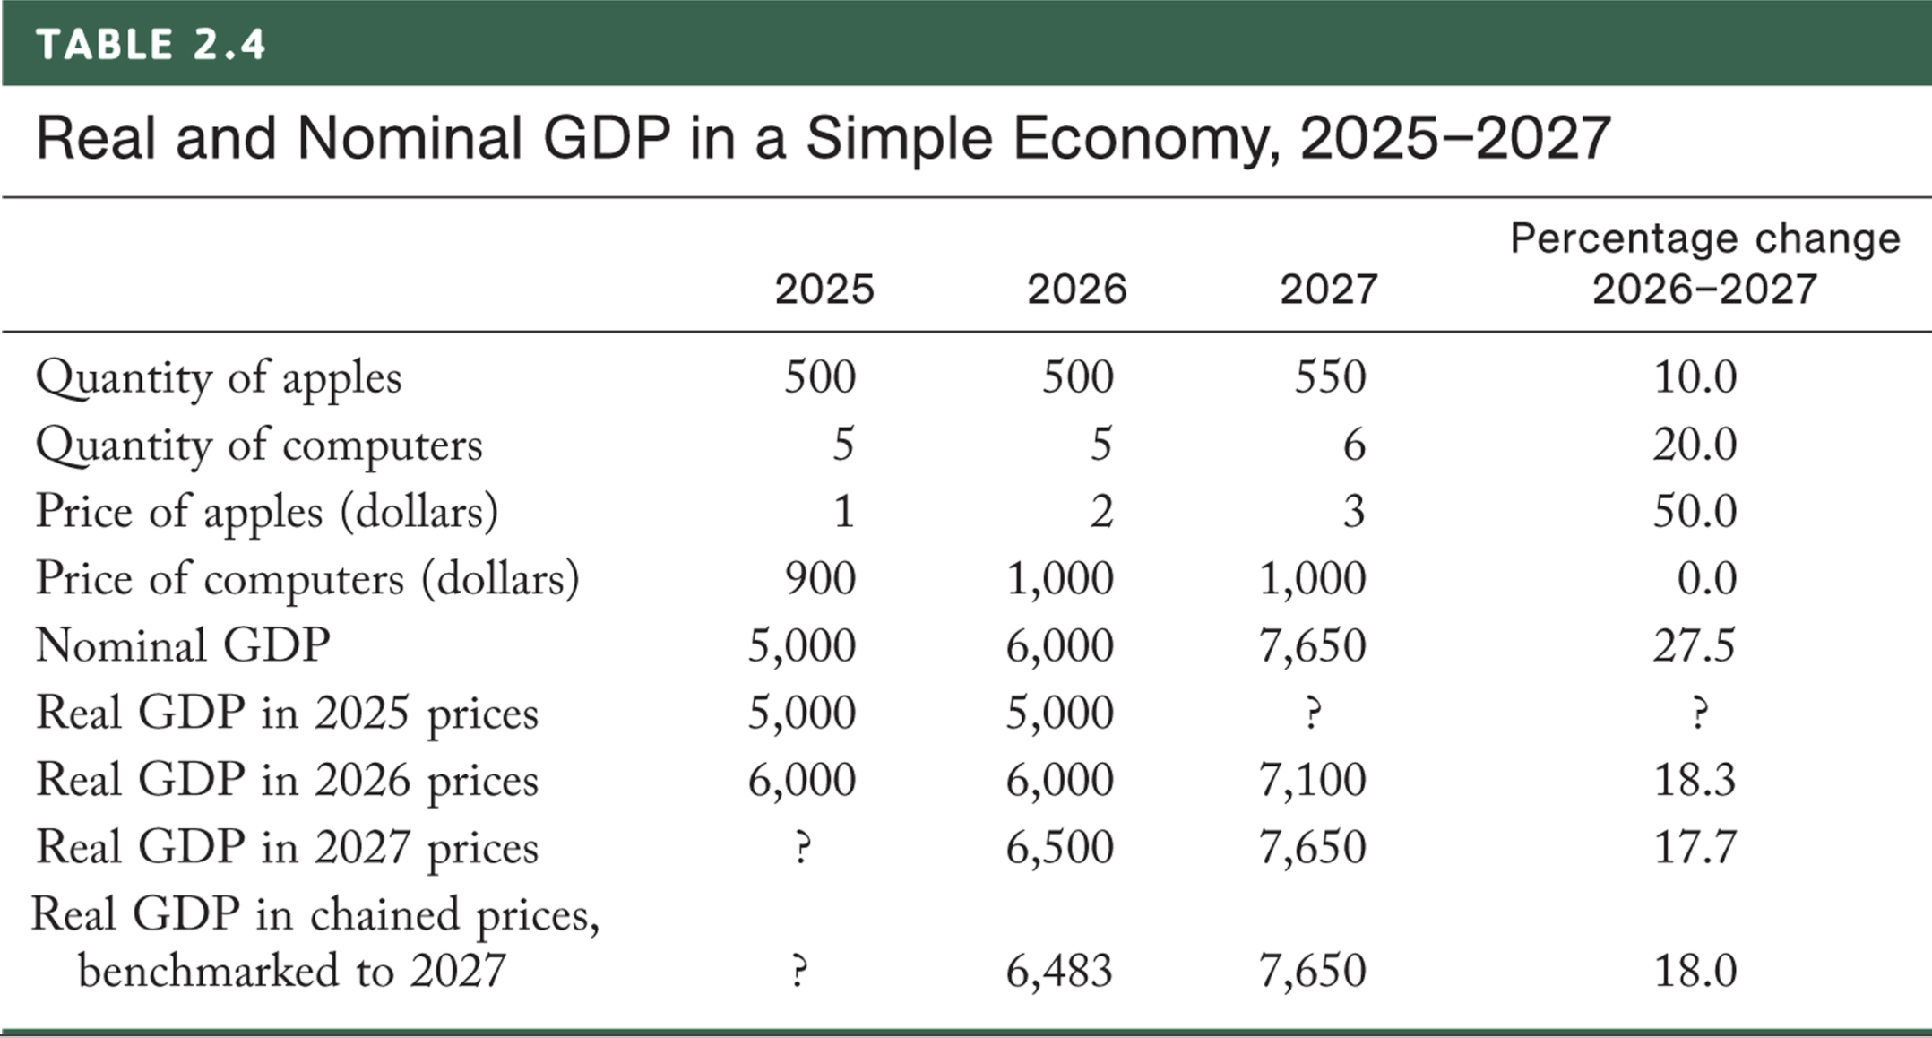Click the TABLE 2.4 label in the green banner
pos(151,45)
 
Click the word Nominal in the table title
pos(409,139)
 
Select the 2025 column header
pos(824,290)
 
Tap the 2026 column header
pos(1076,290)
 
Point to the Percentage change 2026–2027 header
pos(1704,264)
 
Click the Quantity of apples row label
pos(219,377)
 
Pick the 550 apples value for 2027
pos(1330,376)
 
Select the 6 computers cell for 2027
pos(1353,445)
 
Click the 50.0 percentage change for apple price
pos(1695,511)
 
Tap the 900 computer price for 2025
pos(820,578)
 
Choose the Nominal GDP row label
pos(183,645)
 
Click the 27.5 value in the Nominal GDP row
pos(1694,645)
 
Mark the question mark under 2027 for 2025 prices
pos(1313,714)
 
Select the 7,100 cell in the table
pos(1312,780)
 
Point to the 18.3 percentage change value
pos(1694,780)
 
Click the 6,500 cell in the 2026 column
pos(1059,847)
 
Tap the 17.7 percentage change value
pos(1694,847)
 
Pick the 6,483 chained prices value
pos(1059,971)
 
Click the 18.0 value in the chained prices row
pos(1695,971)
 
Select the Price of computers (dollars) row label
pos(307,578)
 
